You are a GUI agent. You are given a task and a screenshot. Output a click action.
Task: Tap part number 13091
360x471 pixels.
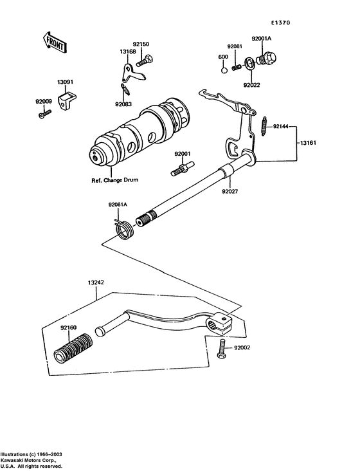(65, 82)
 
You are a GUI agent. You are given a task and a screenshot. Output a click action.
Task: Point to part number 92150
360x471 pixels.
(141, 44)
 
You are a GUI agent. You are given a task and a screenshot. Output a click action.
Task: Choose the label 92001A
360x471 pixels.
(262, 39)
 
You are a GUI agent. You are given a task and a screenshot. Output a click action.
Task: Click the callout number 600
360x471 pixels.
(223, 58)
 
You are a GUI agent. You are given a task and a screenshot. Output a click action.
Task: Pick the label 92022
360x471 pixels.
(252, 84)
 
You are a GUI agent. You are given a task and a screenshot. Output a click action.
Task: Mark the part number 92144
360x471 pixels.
(281, 127)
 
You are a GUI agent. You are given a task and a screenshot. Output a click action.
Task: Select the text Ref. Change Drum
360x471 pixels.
(111, 181)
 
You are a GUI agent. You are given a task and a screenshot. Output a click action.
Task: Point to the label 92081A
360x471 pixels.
(118, 205)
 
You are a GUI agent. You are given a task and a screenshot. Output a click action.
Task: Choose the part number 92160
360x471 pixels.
(69, 328)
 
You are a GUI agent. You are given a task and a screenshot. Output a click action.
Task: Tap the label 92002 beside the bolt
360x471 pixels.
(242, 347)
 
